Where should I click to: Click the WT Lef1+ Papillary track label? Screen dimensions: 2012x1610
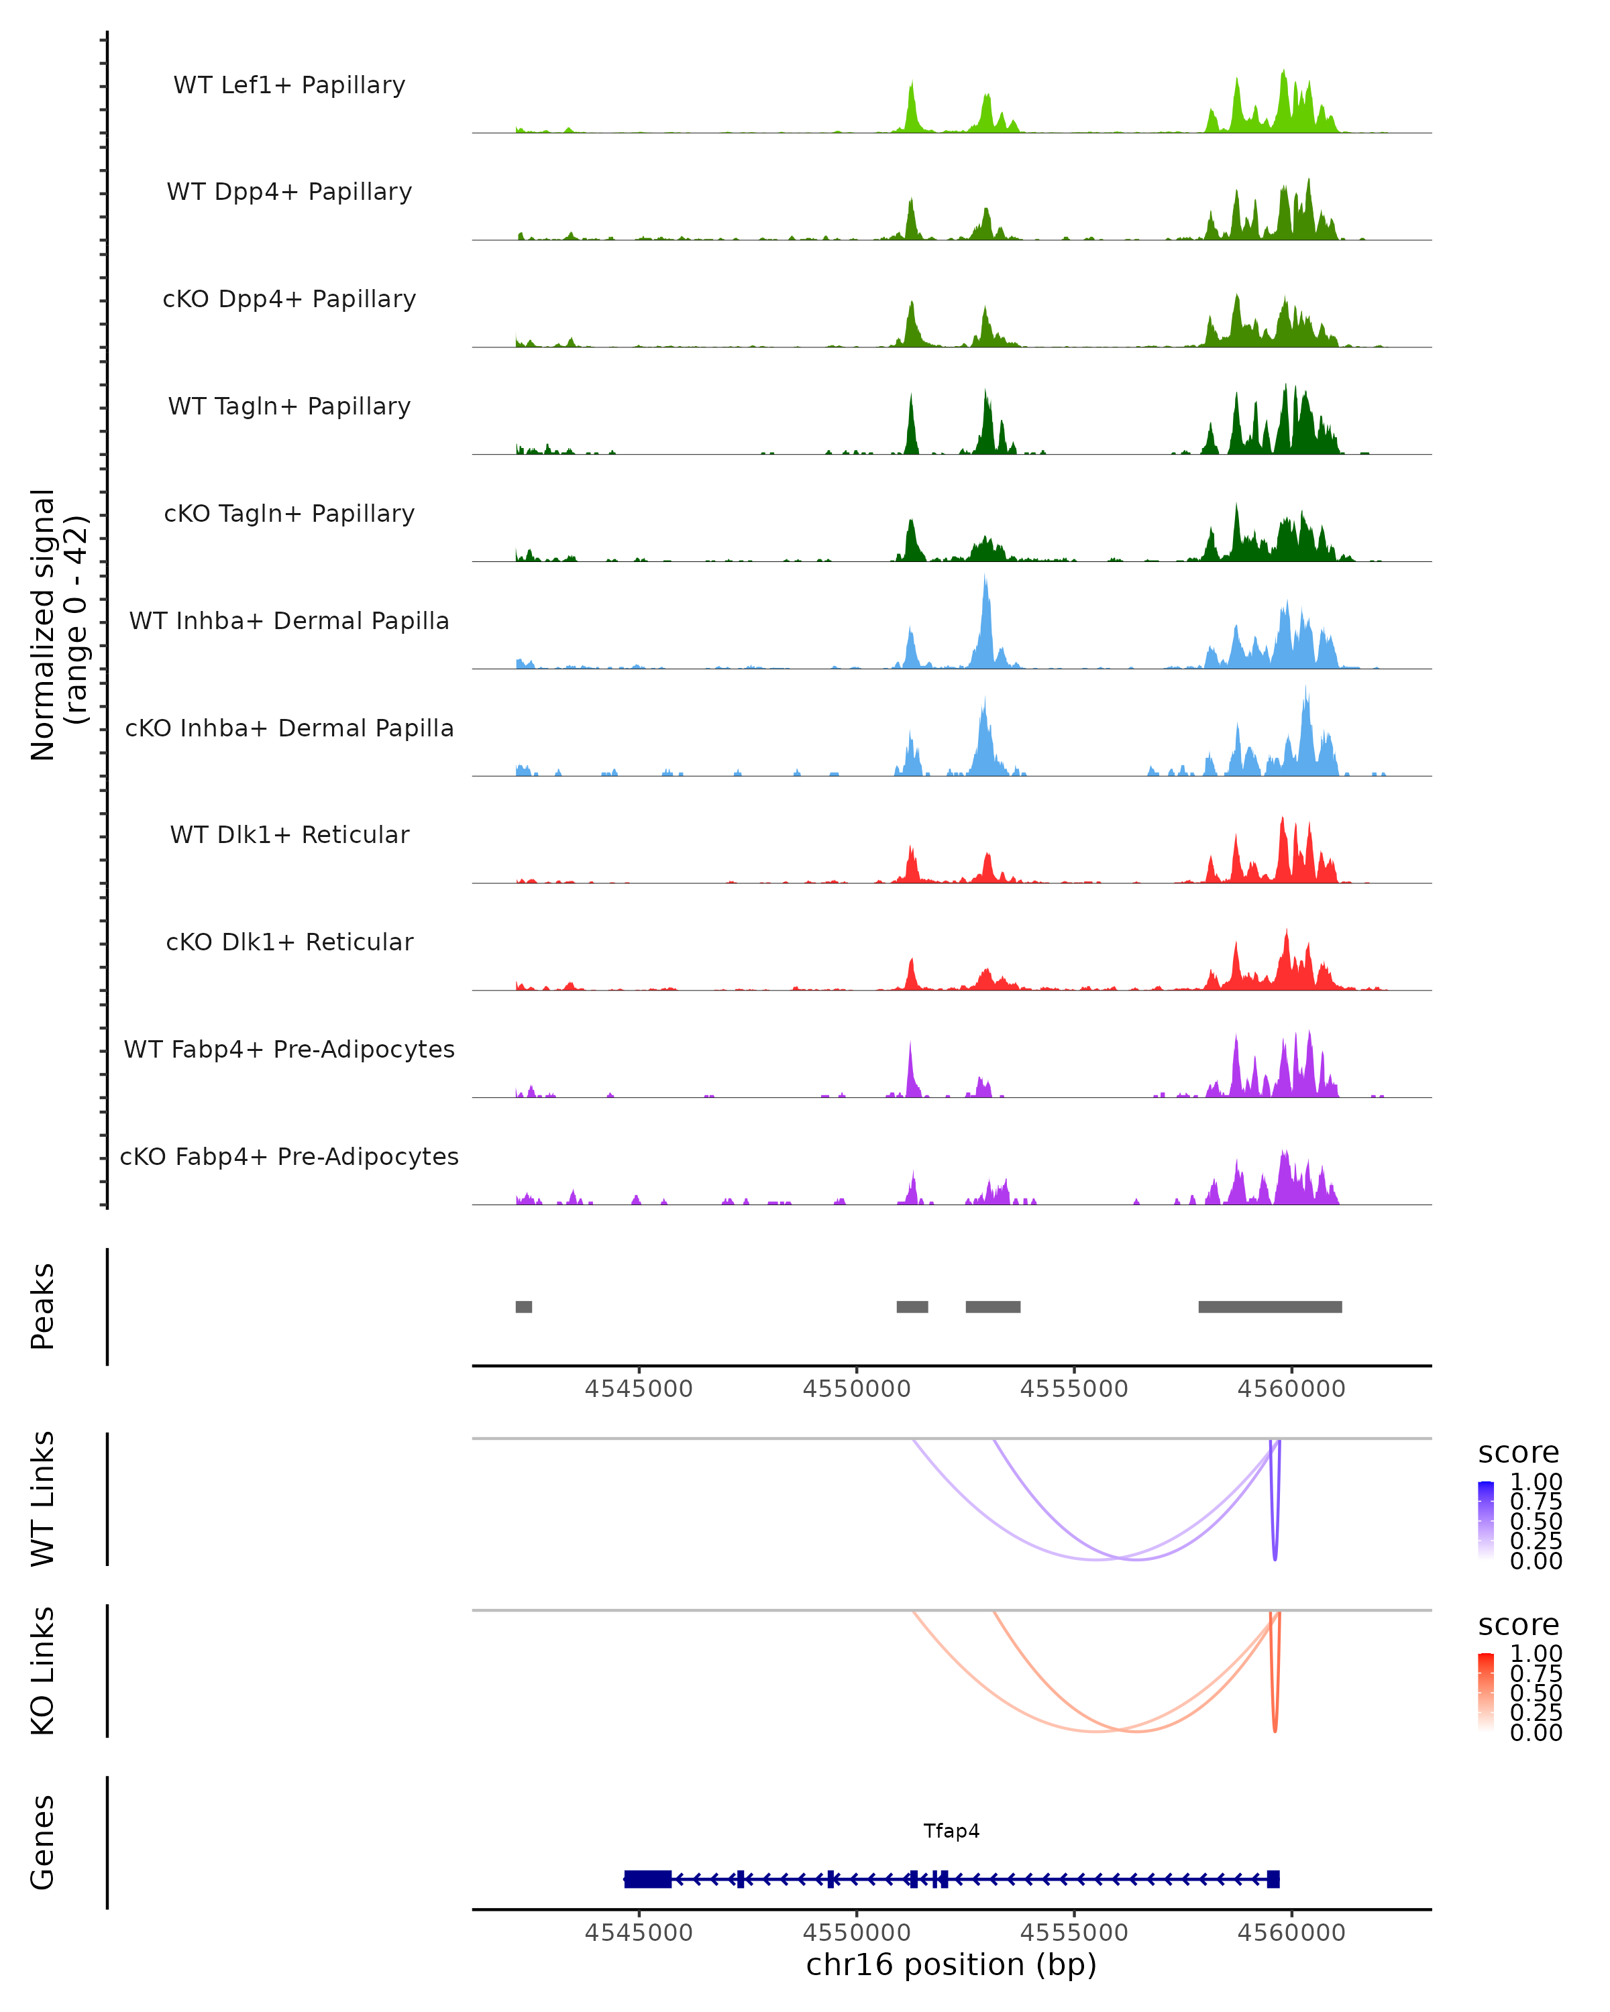pos(289,85)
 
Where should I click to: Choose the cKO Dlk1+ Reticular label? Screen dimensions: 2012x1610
pos(289,942)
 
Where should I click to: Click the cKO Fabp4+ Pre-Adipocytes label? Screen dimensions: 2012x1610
pos(289,1156)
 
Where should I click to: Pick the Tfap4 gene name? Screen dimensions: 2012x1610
pos(951,1830)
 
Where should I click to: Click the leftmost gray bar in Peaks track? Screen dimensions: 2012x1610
pos(524,1306)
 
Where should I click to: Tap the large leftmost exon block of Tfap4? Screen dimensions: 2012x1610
pos(648,1879)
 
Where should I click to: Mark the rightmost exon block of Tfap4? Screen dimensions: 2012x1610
pos(1273,1879)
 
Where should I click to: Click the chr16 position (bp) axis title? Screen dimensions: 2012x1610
pos(951,1964)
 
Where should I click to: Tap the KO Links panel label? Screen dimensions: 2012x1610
pos(43,1671)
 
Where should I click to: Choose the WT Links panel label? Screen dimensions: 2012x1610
pos(43,1499)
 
